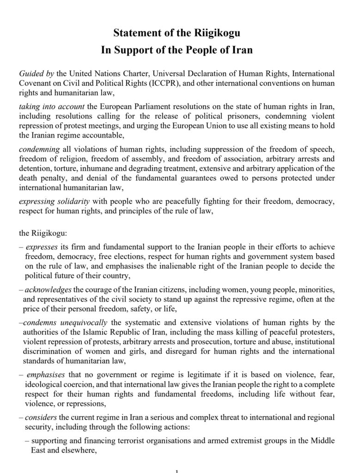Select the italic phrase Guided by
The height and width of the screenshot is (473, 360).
[x=37, y=74]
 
